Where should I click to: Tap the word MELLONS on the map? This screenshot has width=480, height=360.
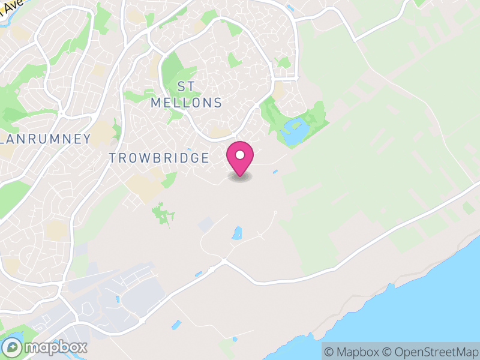click(186, 103)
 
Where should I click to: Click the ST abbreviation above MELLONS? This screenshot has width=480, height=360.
click(186, 86)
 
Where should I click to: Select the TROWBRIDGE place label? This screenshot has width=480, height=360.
click(159, 158)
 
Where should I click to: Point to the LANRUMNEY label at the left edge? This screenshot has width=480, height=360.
click(46, 139)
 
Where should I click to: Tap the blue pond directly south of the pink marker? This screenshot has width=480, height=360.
click(237, 233)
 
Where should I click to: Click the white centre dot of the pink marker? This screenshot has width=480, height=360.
click(240, 155)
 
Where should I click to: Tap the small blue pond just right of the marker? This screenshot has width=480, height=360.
click(275, 173)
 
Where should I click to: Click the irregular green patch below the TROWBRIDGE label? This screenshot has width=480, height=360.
click(161, 213)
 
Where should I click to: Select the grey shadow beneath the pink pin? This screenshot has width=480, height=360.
click(240, 177)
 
